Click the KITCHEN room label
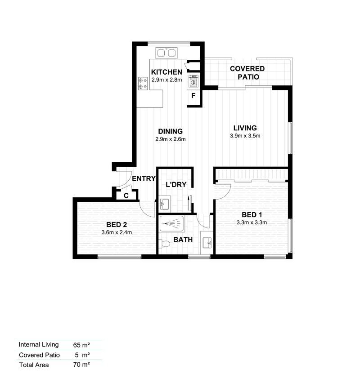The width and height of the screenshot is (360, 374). [166, 72]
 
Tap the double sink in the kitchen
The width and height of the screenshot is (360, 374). [166, 53]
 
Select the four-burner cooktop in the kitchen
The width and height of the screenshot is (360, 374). [143, 83]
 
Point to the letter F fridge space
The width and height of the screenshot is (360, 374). [193, 96]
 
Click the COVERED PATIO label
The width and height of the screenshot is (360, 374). [247, 72]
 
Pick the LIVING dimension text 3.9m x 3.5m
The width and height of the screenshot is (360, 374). [245, 135]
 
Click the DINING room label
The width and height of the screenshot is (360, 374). [170, 131]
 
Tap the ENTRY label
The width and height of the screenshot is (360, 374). [144, 178]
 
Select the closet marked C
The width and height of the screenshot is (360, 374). [126, 196]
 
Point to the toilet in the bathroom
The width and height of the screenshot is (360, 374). [164, 244]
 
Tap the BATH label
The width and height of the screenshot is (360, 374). [183, 240]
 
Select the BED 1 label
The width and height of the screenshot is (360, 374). [252, 214]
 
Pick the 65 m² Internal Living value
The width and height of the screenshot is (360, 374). [81, 345]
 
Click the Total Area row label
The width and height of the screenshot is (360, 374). [34, 365]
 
